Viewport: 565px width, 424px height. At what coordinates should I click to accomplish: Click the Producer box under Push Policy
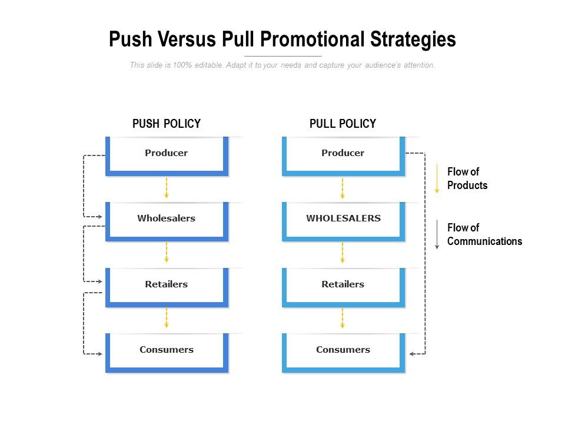click(x=167, y=154)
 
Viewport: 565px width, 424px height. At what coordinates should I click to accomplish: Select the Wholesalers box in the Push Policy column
click(x=167, y=219)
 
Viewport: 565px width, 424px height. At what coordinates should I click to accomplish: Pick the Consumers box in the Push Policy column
click(x=167, y=350)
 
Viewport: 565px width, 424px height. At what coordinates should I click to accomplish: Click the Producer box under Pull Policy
click(x=343, y=154)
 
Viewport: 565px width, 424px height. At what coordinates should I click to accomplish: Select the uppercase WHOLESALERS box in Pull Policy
click(x=343, y=219)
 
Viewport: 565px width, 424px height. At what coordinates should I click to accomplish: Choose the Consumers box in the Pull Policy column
click(x=343, y=350)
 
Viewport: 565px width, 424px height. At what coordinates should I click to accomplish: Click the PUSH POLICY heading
click(x=167, y=124)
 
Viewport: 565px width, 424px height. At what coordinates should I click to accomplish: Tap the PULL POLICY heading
click(x=343, y=124)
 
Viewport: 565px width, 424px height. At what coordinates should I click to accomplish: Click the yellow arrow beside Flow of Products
click(x=437, y=178)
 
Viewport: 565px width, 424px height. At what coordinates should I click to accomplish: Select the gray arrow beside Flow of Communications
click(x=437, y=234)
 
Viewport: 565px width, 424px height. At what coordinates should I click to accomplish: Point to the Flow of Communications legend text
click(x=484, y=234)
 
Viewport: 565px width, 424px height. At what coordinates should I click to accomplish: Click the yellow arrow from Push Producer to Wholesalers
click(x=167, y=188)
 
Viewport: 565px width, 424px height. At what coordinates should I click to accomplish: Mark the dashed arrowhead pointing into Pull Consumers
click(x=413, y=354)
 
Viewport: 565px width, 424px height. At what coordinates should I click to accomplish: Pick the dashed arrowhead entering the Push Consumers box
click(x=100, y=354)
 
